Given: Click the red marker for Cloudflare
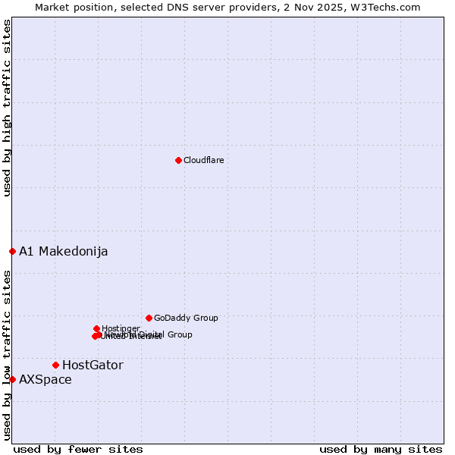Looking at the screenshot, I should click(178, 160).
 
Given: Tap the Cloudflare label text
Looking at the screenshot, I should click(203, 160).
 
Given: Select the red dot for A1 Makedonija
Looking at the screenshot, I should click(12, 251).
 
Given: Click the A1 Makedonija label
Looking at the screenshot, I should click(63, 251).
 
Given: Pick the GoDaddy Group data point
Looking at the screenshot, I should click(149, 318).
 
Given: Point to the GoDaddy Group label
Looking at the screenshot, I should click(186, 318).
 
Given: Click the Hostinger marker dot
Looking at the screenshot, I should click(97, 328).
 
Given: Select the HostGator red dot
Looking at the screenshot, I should click(55, 365).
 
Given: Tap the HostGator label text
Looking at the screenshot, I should click(93, 365).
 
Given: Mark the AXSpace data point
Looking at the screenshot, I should click(12, 379).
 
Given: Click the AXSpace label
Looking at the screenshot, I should click(45, 379).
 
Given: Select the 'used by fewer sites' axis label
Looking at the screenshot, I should click(78, 449).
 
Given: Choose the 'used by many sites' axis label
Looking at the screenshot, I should click(381, 449).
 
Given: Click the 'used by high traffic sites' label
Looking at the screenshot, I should click(8, 108).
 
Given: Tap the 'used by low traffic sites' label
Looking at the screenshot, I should click(8, 354).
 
